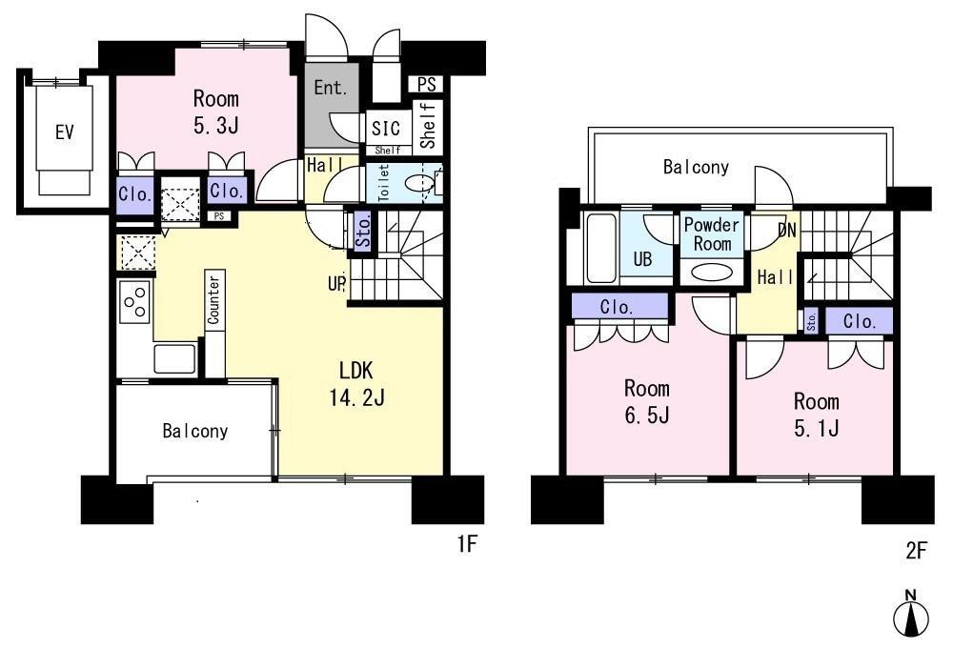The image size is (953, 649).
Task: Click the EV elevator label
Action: (x=65, y=132)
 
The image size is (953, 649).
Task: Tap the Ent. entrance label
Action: (x=330, y=88)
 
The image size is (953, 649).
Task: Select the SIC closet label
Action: (x=386, y=129)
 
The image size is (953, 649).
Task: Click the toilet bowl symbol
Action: (x=420, y=182)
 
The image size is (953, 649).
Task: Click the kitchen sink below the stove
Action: (x=174, y=358)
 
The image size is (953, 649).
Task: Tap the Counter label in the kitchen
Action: (x=213, y=299)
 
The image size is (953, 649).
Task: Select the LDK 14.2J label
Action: (x=356, y=384)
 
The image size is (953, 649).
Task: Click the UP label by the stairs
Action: (x=336, y=283)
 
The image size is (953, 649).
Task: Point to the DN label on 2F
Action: (x=786, y=230)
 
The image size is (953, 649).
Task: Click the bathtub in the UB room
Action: (x=600, y=248)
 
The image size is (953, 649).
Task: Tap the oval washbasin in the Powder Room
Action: (x=711, y=272)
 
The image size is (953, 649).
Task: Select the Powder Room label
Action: (x=712, y=233)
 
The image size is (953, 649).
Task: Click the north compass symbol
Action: (x=911, y=615)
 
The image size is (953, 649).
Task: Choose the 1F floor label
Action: (x=467, y=543)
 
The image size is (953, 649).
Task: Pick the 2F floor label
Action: (x=916, y=551)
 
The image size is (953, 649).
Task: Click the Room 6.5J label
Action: (x=647, y=401)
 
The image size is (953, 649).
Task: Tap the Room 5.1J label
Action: (x=817, y=415)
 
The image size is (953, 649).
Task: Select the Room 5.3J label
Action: (x=215, y=112)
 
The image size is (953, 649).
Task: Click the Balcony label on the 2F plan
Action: (x=696, y=167)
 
